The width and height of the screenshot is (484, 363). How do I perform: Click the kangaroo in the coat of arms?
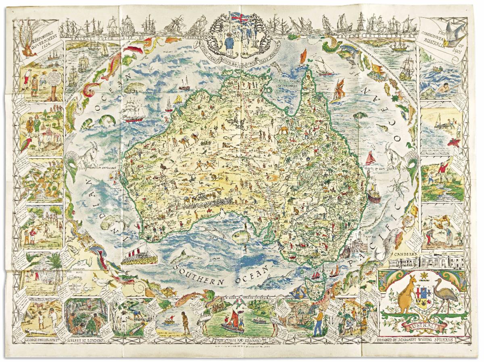[x=403, y=294]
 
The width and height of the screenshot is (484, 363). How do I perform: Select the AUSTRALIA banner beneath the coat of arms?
[x=424, y=325]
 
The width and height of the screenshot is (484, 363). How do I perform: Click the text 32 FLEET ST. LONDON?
[x=86, y=340]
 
